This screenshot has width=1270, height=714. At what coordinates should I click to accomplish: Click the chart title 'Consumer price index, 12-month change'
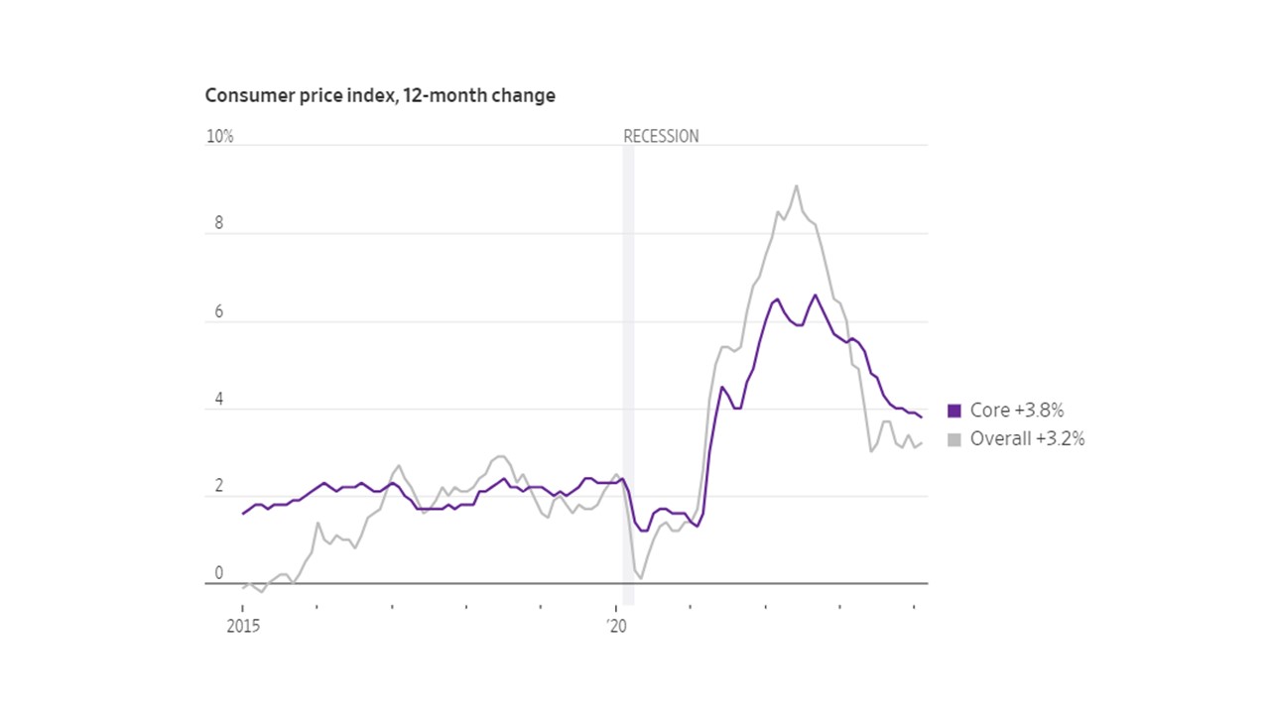click(x=380, y=96)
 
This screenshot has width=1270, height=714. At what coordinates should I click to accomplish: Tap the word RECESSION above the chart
click(x=661, y=137)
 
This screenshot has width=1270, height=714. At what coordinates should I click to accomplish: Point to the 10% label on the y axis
click(x=219, y=137)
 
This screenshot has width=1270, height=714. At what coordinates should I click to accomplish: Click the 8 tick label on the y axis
click(x=219, y=224)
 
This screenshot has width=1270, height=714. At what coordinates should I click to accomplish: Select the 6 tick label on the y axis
click(x=219, y=312)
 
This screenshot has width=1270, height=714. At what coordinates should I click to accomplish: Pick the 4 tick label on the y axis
click(x=219, y=400)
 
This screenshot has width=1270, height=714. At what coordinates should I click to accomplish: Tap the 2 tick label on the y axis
click(x=219, y=488)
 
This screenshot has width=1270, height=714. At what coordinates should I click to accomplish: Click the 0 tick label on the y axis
click(x=219, y=575)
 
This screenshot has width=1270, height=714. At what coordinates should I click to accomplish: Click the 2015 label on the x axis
click(x=243, y=626)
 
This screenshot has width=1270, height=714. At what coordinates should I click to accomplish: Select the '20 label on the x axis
click(x=617, y=626)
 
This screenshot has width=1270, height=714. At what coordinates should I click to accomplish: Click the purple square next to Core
click(x=954, y=411)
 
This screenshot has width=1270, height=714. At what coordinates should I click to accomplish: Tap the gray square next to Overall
click(x=954, y=439)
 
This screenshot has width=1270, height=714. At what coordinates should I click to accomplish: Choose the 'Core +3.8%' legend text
click(x=1017, y=411)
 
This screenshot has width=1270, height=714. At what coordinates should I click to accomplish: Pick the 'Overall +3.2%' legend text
click(x=1027, y=439)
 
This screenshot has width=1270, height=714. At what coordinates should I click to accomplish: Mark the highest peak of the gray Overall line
click(x=796, y=185)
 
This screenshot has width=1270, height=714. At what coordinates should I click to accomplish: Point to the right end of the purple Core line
click(x=921, y=416)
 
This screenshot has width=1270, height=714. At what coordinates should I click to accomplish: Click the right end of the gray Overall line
click(x=921, y=443)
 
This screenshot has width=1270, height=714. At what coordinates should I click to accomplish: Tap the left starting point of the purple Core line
click(x=243, y=514)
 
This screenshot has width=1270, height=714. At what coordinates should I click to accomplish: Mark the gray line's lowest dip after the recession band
click(x=641, y=578)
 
